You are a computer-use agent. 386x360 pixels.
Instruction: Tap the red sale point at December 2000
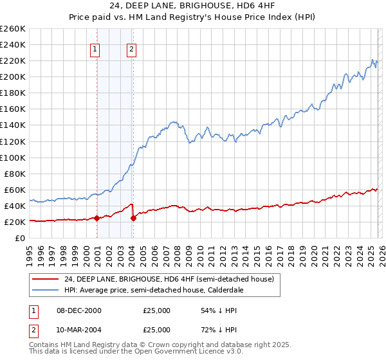click(96, 218)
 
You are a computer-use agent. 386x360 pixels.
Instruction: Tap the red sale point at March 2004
click(133, 218)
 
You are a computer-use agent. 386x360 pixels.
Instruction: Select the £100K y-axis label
click(13, 157)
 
